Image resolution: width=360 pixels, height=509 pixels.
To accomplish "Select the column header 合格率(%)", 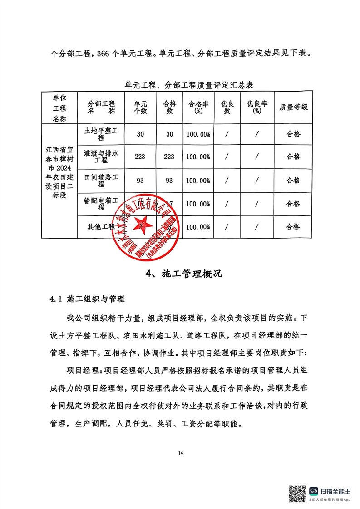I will point(198,107).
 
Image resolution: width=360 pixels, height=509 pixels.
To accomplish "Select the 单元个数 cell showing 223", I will point(140,157).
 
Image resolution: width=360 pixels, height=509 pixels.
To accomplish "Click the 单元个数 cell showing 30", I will point(140,134).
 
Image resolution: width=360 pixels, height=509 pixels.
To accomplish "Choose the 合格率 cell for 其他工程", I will point(198,226).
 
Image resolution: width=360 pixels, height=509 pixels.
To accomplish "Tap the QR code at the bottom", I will point(297,493).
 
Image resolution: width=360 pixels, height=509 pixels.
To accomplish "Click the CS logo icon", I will point(314,490).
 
